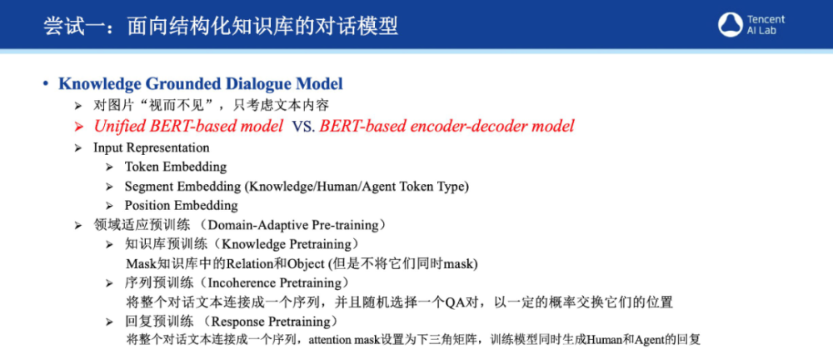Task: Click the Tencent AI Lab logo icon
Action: (730, 24)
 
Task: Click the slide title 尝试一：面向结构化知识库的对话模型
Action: (221, 26)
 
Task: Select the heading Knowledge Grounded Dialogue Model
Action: (201, 84)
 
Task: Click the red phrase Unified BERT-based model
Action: (188, 127)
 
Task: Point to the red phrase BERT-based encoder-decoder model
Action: (446, 127)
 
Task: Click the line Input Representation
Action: (152, 147)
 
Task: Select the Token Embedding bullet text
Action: (176, 167)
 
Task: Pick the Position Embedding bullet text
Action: (181, 205)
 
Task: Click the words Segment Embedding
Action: (182, 187)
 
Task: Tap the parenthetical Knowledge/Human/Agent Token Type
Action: (357, 187)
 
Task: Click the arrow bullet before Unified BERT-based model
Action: (79, 127)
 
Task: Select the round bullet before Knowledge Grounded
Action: (46, 84)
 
